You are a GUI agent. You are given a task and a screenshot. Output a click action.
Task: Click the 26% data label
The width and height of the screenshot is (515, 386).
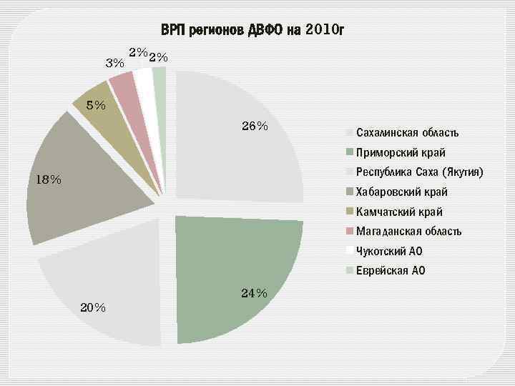point(255,127)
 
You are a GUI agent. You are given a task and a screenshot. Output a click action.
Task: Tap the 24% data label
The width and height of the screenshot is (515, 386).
point(254,294)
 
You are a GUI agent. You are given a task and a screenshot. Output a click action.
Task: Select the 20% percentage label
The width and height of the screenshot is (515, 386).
point(93,308)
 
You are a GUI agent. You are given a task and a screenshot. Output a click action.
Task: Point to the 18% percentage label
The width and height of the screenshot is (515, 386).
point(49,179)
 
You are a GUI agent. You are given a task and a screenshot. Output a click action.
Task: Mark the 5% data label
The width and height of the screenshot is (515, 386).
point(96,106)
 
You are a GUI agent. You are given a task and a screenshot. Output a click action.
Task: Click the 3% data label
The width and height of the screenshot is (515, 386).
point(114,63)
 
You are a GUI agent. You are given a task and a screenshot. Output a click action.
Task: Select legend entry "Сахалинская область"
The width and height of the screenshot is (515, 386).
point(407,133)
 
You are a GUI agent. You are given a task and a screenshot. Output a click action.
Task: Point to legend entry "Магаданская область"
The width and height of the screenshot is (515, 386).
point(408,231)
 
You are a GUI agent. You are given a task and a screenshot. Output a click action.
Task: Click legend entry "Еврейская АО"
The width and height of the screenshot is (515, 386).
point(391,270)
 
